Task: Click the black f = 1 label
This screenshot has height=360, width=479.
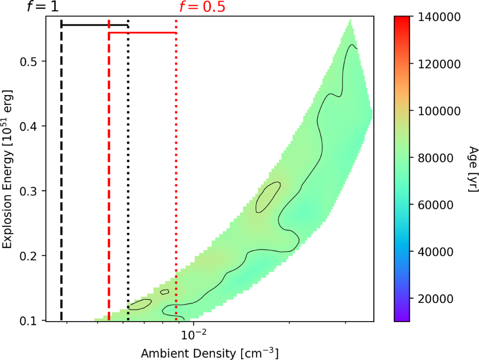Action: coord(43,7)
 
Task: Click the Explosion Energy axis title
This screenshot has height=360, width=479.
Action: coord(8,168)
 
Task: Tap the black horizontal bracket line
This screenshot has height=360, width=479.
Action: coord(95,25)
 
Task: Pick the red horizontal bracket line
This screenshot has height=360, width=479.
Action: coord(143,33)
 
